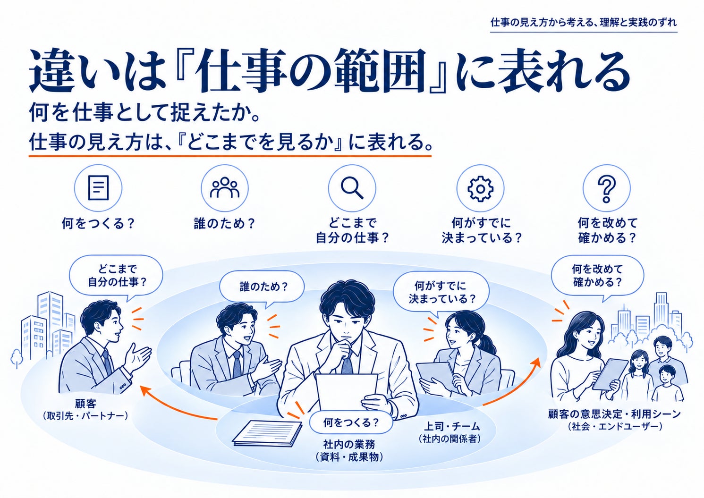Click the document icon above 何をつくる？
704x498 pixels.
(x=98, y=188)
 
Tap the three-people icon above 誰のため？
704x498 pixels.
(x=224, y=187)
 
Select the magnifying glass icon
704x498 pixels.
(x=352, y=188)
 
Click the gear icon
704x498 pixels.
(x=480, y=188)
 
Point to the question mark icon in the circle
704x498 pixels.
(x=607, y=188)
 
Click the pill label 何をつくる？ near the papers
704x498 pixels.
(x=351, y=422)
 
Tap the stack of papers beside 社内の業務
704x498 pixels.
(x=267, y=433)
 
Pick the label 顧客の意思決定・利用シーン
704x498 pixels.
(x=614, y=414)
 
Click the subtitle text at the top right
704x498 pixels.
(x=584, y=23)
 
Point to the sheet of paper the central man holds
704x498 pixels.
(x=346, y=391)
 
